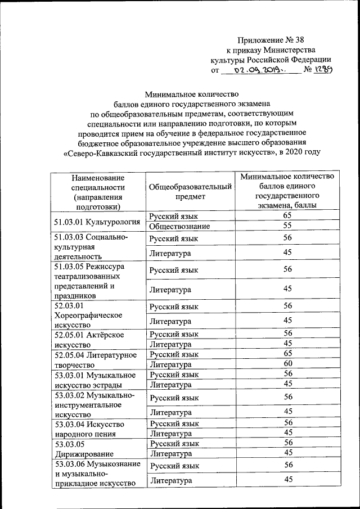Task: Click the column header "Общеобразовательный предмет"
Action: [x=190, y=191]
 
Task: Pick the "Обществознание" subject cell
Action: [x=180, y=226]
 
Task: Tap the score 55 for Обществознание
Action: [x=287, y=226]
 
